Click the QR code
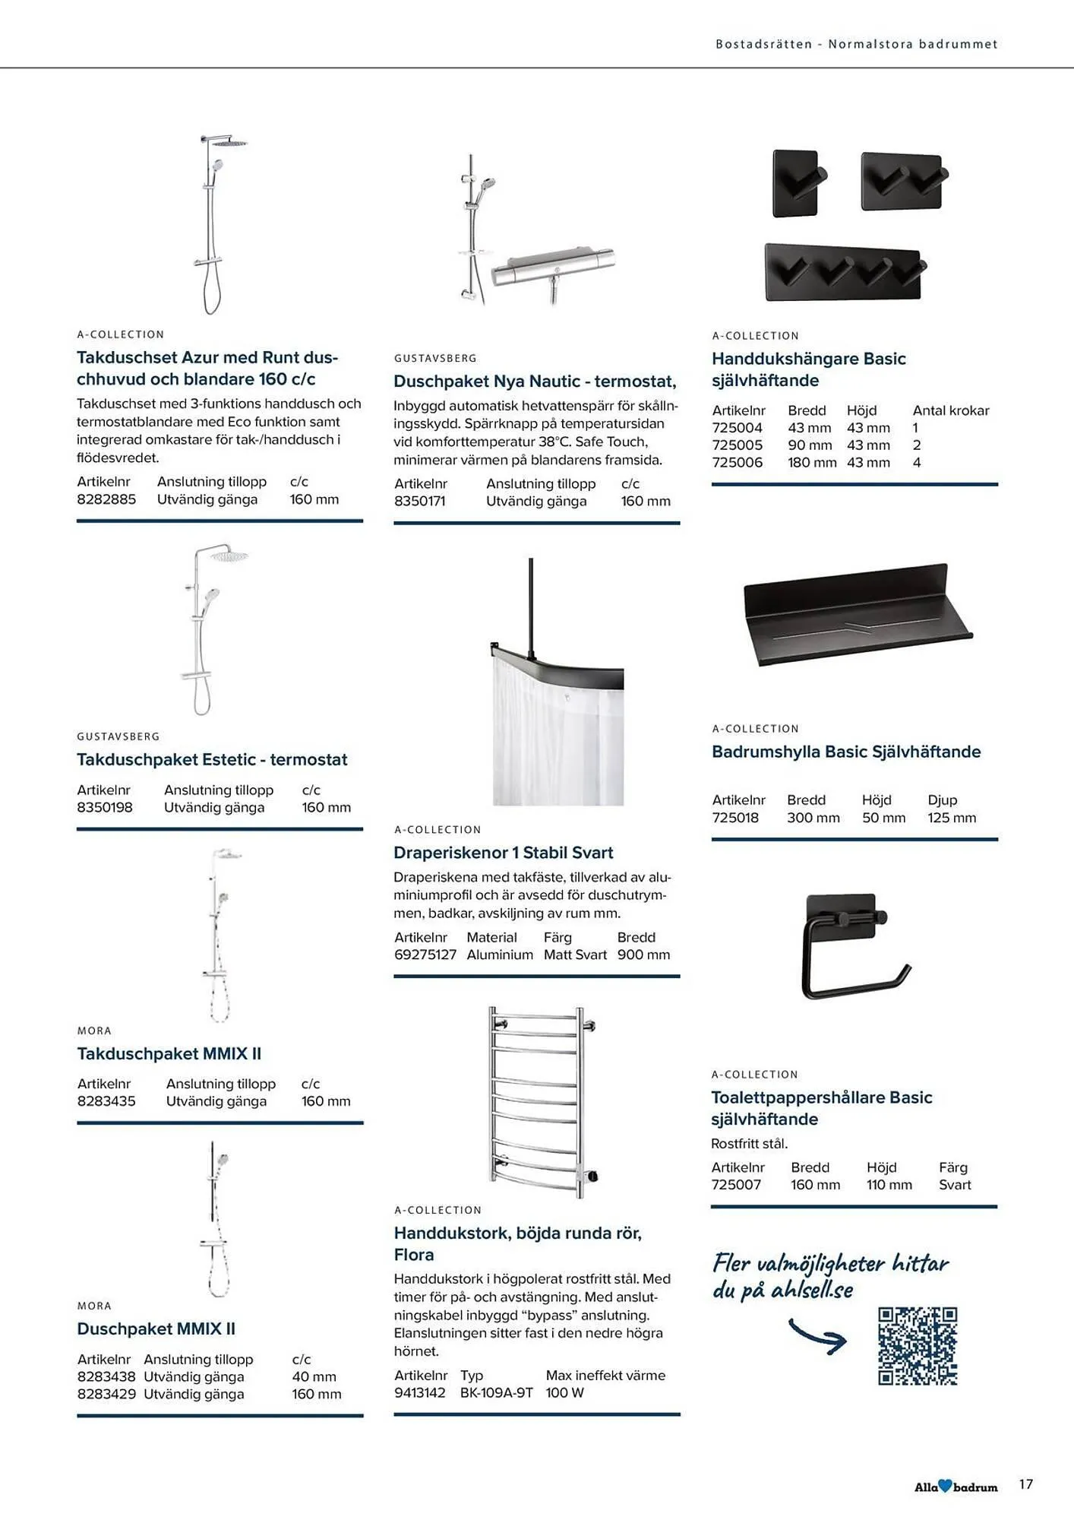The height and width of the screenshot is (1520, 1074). point(917,1346)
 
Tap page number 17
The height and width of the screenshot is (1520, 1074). point(1025,1484)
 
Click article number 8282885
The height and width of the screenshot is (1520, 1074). point(106,499)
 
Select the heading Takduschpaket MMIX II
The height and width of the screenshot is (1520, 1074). point(169,1053)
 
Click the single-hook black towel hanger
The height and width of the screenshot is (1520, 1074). point(798,183)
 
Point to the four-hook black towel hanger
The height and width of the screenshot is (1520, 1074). point(843,271)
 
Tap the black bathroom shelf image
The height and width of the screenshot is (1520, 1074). point(858,614)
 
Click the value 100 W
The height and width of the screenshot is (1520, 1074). point(564,1392)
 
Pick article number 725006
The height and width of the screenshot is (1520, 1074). point(737,462)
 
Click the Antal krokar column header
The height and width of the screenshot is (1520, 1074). point(950,410)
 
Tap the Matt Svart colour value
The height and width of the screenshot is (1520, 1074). point(575,955)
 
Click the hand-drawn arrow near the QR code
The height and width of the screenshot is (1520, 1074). point(817,1336)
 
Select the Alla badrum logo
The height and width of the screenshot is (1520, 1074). point(956,1487)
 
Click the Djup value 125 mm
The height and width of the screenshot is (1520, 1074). point(951,818)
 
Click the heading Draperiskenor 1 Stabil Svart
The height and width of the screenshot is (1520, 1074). point(503,853)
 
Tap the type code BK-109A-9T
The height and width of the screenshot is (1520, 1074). point(496,1392)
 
